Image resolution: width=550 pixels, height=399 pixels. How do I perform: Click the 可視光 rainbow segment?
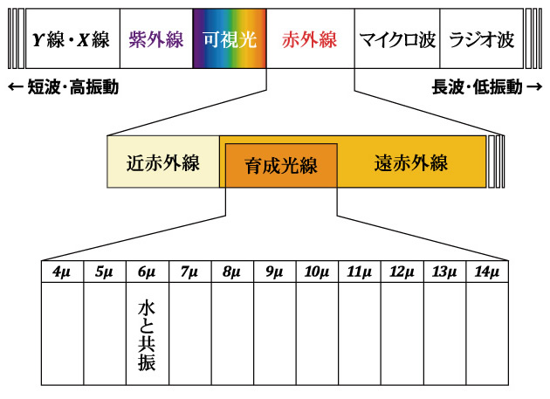click(x=230, y=39)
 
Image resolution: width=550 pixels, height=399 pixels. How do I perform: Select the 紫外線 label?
click(x=155, y=39)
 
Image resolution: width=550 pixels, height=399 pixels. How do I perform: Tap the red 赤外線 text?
click(x=309, y=39)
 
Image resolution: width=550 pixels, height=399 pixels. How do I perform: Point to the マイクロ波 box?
click(x=396, y=39)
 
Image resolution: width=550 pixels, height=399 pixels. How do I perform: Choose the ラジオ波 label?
click(x=481, y=39)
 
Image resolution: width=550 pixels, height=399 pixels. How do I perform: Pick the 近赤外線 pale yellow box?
click(x=163, y=162)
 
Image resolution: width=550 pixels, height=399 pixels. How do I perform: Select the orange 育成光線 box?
click(x=280, y=167)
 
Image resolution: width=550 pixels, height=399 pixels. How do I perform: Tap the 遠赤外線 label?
click(x=410, y=162)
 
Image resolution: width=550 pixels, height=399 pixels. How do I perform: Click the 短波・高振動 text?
click(x=62, y=87)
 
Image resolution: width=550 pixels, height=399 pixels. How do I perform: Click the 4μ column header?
click(x=62, y=272)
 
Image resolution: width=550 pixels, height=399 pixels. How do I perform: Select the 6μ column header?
click(x=147, y=272)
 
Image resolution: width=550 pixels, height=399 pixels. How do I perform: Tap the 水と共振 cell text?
click(x=147, y=335)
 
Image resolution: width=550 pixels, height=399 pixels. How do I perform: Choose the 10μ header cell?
click(x=317, y=272)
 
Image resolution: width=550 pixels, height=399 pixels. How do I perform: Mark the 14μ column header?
click(x=487, y=272)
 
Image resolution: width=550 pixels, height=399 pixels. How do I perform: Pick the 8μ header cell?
click(x=232, y=272)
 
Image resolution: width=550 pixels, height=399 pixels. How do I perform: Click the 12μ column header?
click(x=402, y=272)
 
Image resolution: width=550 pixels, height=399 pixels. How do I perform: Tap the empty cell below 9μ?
click(x=274, y=335)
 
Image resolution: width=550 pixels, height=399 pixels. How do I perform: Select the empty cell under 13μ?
click(x=444, y=335)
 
